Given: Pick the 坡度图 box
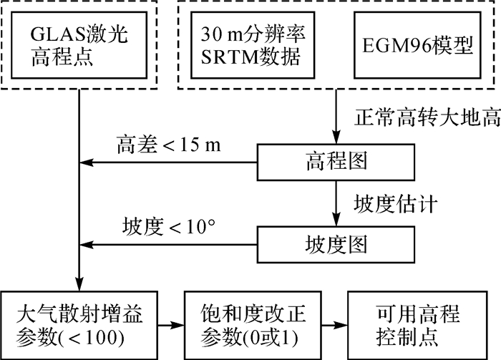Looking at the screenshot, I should (x=335, y=245).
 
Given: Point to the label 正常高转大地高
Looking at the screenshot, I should (x=426, y=117).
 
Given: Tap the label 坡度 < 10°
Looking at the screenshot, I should (x=170, y=228).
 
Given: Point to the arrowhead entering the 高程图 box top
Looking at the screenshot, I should (x=335, y=140).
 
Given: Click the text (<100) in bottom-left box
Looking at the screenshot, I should (x=106, y=336).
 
